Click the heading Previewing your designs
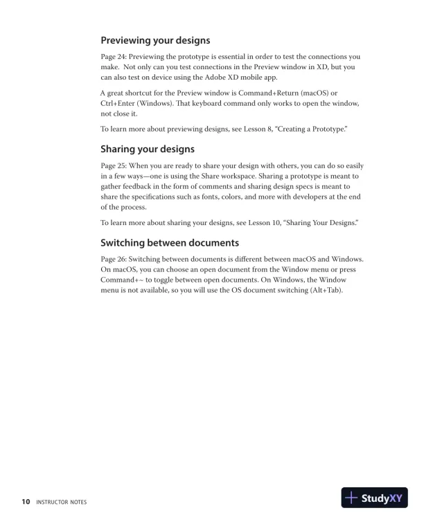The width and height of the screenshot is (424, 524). point(155,40)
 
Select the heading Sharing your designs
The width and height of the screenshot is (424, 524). point(147,149)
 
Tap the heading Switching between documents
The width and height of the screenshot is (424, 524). point(170,243)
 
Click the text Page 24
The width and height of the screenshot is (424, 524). point(113,57)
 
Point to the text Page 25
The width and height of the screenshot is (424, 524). point(113,165)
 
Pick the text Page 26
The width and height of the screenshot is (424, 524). point(113,260)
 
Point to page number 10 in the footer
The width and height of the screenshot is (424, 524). point(26,501)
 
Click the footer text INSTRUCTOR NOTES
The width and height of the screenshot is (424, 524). point(62,502)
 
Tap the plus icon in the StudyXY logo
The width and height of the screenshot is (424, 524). point(352,498)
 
